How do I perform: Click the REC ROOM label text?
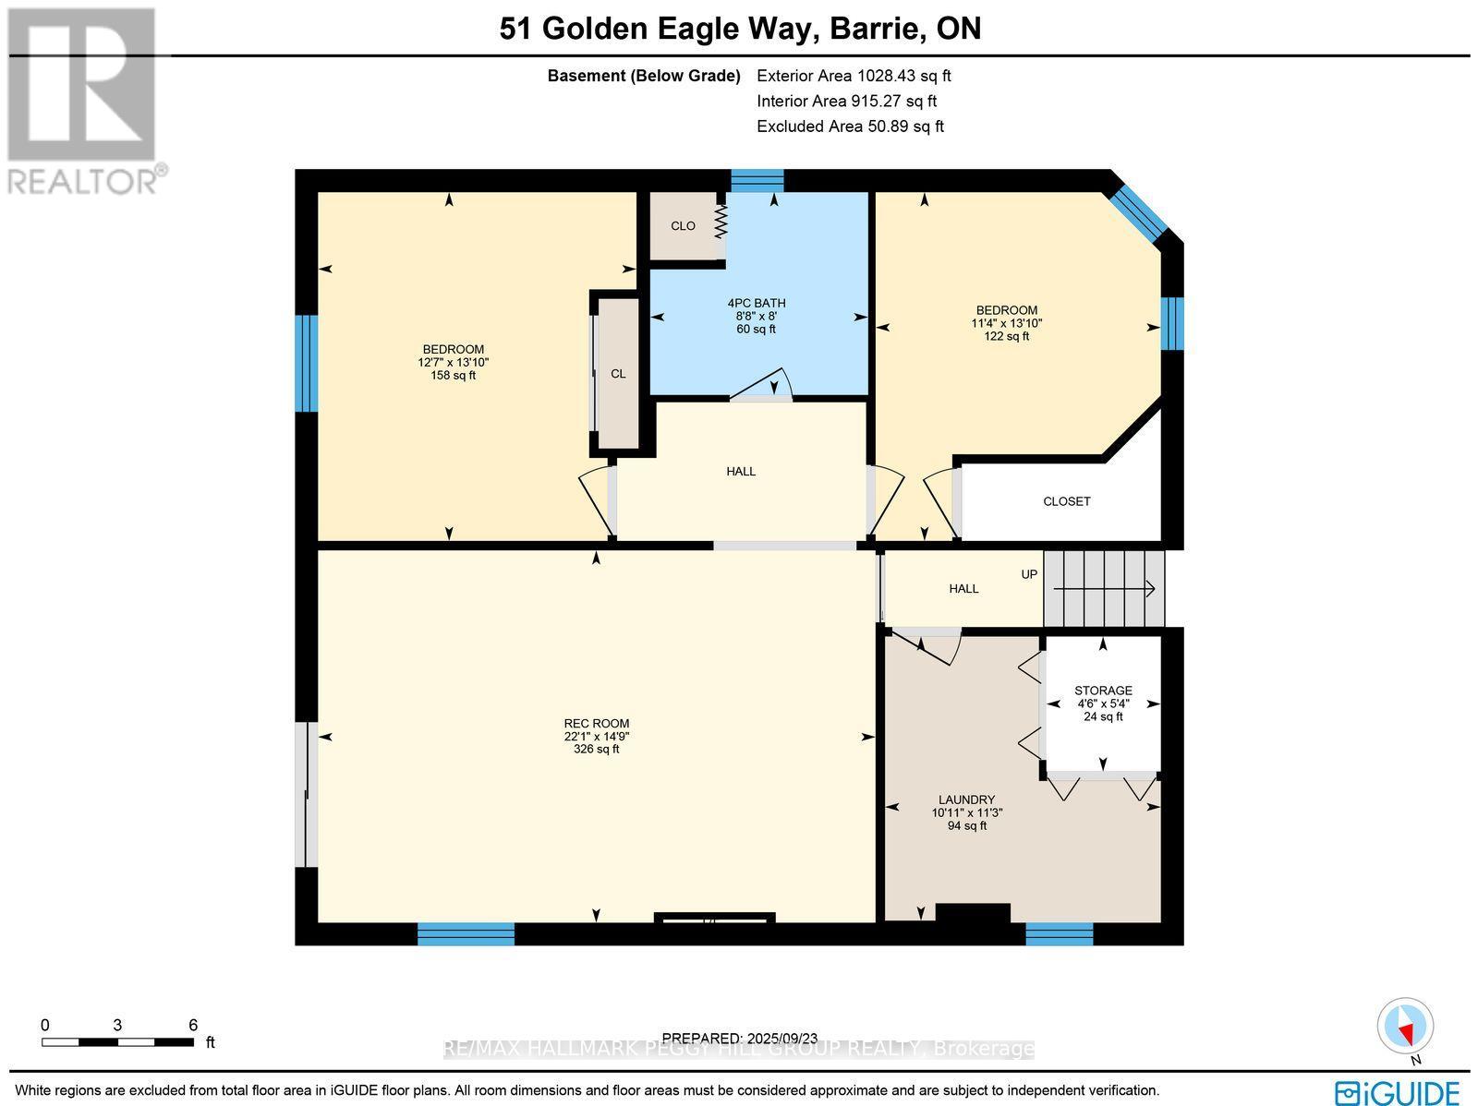pyautogui.click(x=597, y=724)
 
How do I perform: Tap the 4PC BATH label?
pyautogui.click(x=756, y=304)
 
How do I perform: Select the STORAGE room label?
pyautogui.click(x=1103, y=691)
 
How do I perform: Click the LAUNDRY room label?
pyautogui.click(x=966, y=799)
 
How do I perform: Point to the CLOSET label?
pyautogui.click(x=1066, y=501)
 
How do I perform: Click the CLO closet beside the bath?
pyautogui.click(x=684, y=226)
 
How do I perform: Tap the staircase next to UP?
pyautogui.click(x=1105, y=588)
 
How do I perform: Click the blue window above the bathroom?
pyautogui.click(x=757, y=180)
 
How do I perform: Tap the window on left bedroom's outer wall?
pyautogui.click(x=306, y=364)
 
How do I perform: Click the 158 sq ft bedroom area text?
pyautogui.click(x=453, y=376)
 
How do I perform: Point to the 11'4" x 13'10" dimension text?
pyautogui.click(x=1006, y=323)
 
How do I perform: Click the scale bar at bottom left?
pyautogui.click(x=117, y=1042)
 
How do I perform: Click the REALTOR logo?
pyautogui.click(x=85, y=102)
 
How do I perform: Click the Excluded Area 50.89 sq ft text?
pyautogui.click(x=850, y=126)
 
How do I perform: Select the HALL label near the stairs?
pyautogui.click(x=963, y=588)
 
